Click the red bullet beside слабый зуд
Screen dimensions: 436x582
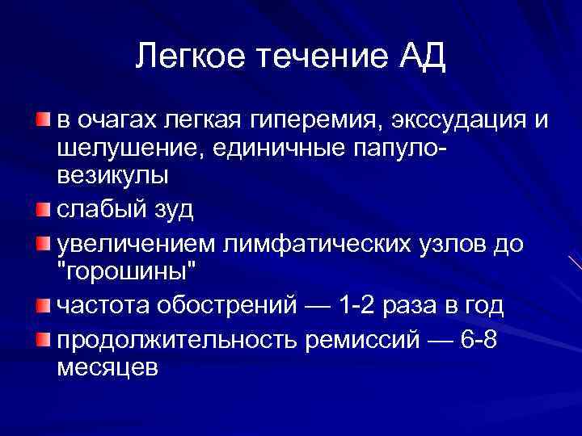pyautogui.click(x=42, y=210)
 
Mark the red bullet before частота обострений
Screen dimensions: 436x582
pyautogui.click(x=42, y=305)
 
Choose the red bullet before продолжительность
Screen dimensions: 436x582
pyautogui.click(x=42, y=338)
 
